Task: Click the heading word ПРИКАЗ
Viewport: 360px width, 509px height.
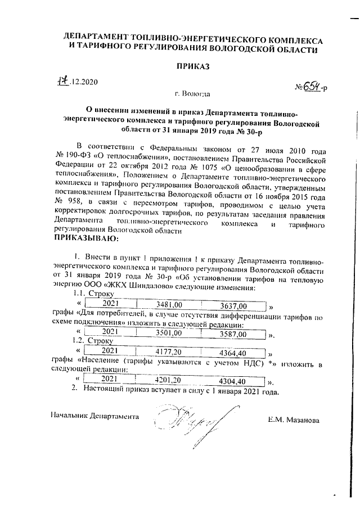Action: coord(193,66)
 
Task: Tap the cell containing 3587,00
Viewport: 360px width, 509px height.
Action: coord(232,334)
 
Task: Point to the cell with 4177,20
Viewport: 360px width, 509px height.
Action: coord(168,352)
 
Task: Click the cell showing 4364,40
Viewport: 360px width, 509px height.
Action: coord(232,353)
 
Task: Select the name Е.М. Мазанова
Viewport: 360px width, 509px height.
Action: coord(294,420)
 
